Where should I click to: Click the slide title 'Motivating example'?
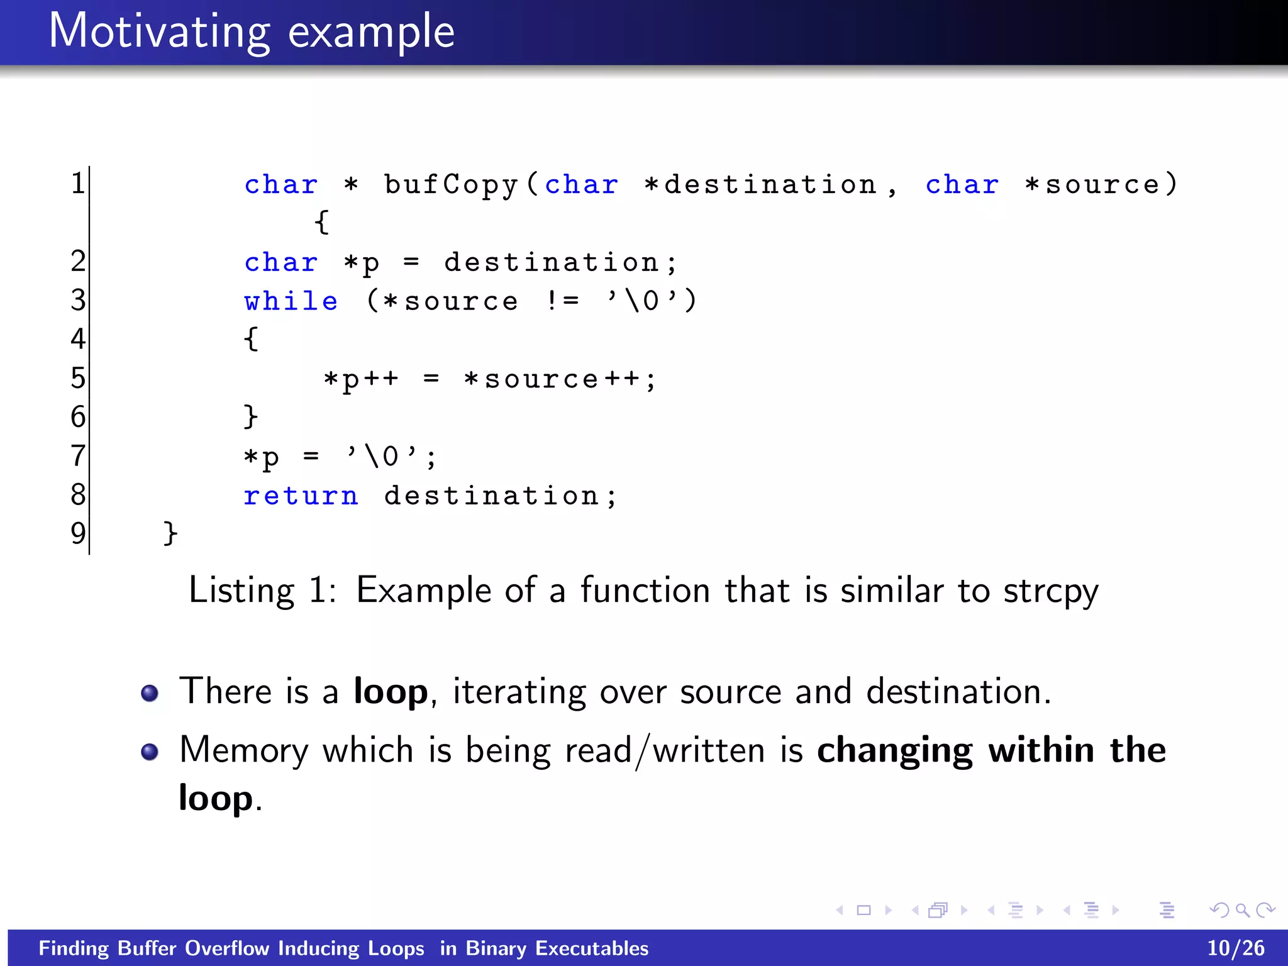[x=252, y=31]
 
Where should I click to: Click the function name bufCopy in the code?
[x=451, y=185]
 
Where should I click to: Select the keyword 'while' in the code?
[x=291, y=302]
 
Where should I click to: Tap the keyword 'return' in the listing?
[x=301, y=496]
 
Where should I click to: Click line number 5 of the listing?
[x=77, y=379]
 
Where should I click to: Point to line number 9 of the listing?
[x=77, y=533]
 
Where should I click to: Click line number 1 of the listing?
[x=77, y=184]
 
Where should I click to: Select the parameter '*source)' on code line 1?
[x=1101, y=185]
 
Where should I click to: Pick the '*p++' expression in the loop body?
[x=360, y=380]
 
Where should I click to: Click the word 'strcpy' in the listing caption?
[x=1050, y=592]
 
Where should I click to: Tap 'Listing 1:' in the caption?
[x=262, y=591]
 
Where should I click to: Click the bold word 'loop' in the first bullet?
[x=390, y=692]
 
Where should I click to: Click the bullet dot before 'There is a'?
[x=150, y=693]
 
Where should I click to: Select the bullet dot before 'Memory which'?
[x=150, y=752]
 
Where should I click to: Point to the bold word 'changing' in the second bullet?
[x=894, y=751]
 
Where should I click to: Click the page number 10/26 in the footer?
[x=1235, y=948]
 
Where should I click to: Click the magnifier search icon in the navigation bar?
[x=1242, y=910]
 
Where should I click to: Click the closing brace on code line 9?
[x=170, y=533]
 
